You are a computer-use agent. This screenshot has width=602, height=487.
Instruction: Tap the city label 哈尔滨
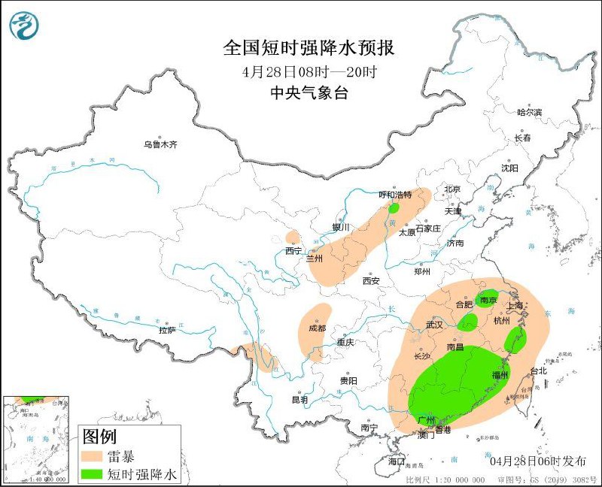point(529,112)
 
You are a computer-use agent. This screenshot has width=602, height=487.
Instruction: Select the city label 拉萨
point(167,329)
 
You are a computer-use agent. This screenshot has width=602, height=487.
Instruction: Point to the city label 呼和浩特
point(396,195)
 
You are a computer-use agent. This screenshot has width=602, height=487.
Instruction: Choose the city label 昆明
point(299,400)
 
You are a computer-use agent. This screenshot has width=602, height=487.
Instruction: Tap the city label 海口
point(396,461)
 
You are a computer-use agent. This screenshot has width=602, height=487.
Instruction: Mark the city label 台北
point(540,371)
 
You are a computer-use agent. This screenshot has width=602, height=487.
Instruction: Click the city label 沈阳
point(511,168)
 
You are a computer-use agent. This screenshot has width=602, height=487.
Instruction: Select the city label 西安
point(371,280)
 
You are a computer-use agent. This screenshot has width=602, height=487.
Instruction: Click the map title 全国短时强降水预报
point(309,49)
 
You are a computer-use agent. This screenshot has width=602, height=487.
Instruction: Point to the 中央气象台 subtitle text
point(309,92)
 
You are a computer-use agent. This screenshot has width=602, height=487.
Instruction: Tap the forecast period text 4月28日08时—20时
point(309,72)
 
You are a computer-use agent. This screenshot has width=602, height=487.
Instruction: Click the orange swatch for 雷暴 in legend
point(92,456)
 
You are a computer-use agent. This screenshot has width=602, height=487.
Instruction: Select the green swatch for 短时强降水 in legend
point(92,474)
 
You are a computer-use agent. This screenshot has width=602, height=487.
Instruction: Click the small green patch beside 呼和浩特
point(393,207)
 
